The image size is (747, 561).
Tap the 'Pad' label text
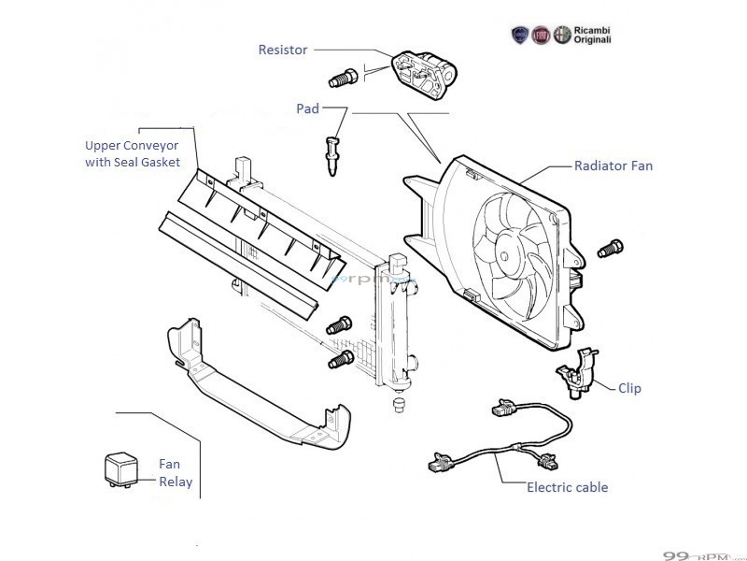(x=307, y=109)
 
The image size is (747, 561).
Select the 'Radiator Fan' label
(x=613, y=166)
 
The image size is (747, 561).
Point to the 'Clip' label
(x=629, y=388)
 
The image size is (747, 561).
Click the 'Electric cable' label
(x=567, y=487)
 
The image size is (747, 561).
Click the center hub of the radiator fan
(x=510, y=248)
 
